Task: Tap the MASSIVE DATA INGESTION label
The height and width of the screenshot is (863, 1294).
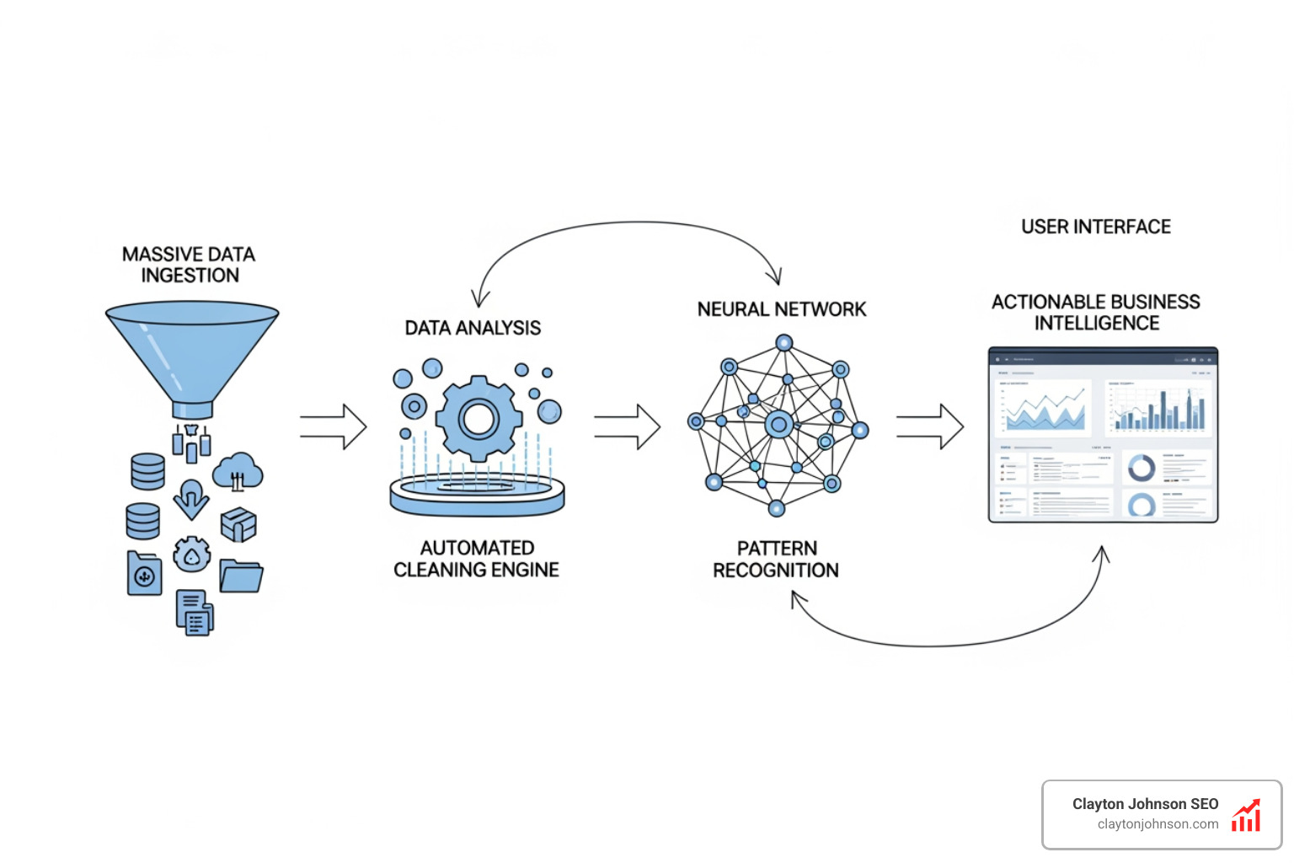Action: (189, 265)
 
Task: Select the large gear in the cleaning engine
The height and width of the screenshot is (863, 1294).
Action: (479, 418)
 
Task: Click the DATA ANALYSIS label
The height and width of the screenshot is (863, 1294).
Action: (473, 328)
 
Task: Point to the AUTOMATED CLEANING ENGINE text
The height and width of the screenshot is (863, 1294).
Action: (477, 559)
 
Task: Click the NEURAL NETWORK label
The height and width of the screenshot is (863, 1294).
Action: (781, 309)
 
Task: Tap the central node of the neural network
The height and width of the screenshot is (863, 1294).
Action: (779, 425)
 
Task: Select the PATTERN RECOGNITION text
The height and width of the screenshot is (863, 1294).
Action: (776, 559)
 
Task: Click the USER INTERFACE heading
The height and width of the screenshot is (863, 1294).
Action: (1095, 227)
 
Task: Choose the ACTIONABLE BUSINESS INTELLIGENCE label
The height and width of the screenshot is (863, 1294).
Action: (1095, 313)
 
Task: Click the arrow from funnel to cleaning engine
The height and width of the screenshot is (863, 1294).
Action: (334, 426)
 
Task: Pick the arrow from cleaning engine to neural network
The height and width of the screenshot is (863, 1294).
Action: (628, 426)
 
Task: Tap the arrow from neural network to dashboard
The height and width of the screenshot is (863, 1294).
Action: (929, 426)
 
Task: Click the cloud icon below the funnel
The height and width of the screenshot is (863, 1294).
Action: (238, 472)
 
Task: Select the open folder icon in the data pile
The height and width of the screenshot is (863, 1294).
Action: (241, 576)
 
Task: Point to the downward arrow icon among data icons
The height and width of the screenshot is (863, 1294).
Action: (191, 499)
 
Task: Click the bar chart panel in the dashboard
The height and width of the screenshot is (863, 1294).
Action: (1158, 407)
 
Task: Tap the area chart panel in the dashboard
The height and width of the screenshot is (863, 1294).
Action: (1043, 408)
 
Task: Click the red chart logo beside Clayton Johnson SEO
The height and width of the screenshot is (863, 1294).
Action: (1246, 815)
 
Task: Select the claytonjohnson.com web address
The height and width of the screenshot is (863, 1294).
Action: (1158, 824)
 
